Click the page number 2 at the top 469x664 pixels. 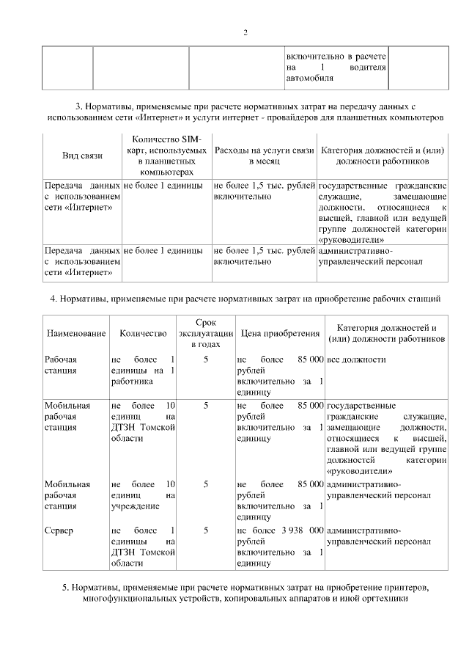click(x=245, y=32)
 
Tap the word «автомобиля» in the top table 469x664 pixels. click(x=310, y=77)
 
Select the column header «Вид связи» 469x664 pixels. click(x=83, y=156)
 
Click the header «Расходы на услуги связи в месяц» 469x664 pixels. click(x=264, y=156)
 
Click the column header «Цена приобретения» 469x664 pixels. click(x=280, y=334)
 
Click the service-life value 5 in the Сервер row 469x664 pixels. click(x=206, y=529)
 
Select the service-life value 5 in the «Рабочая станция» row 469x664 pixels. click(x=206, y=360)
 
